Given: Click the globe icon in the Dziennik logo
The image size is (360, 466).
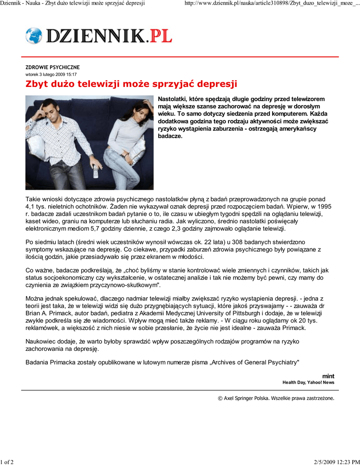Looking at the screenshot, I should [x=33, y=35].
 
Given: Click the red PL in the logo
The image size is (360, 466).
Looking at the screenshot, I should [x=161, y=35].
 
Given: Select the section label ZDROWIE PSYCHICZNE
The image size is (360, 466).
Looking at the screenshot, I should [x=52, y=67].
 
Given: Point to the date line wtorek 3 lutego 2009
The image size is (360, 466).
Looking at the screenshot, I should [x=51, y=74].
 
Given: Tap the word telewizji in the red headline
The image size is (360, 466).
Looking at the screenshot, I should [x=100, y=84].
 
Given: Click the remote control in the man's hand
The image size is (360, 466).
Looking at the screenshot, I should [x=96, y=171].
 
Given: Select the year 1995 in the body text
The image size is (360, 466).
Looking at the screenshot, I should [x=323, y=207].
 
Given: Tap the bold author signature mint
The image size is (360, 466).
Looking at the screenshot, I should [x=328, y=376].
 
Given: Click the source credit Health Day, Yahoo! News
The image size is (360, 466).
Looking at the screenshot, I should [x=308, y=383].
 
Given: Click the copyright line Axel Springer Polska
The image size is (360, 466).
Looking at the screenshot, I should [x=276, y=398].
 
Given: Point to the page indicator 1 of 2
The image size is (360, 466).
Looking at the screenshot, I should [x=8, y=462].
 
